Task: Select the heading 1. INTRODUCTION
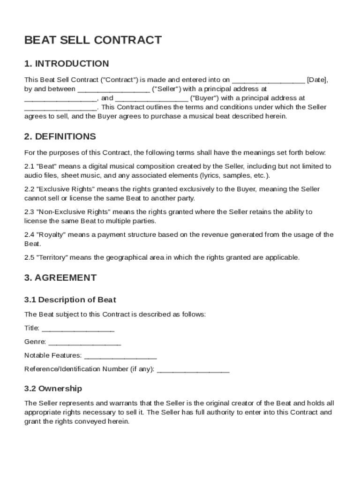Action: click(x=67, y=64)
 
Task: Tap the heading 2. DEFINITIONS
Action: click(x=60, y=137)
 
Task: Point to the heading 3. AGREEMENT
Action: click(x=60, y=277)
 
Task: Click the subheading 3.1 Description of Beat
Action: click(x=70, y=300)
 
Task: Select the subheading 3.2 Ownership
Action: click(x=53, y=389)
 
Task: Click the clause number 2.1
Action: click(x=29, y=166)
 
